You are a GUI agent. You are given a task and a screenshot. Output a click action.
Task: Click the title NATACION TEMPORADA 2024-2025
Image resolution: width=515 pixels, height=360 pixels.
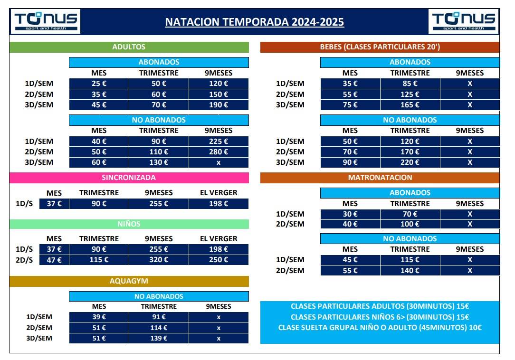[254, 22]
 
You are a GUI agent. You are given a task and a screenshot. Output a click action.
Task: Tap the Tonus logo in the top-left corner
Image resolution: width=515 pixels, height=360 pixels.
[46, 21]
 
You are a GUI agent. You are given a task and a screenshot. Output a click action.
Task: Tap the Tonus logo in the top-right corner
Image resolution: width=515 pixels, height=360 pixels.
[463, 21]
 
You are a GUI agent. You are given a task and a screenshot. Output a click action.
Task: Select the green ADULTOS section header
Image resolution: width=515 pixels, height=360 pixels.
[129, 47]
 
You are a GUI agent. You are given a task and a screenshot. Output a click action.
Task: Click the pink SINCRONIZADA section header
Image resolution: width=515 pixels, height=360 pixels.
[129, 178]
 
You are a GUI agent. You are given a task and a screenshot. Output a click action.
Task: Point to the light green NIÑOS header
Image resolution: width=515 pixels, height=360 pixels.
[129, 224]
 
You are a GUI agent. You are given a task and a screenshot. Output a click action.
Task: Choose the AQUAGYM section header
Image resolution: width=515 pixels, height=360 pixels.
[129, 281]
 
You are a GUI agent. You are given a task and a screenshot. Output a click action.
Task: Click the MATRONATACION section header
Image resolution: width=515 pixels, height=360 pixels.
[380, 178]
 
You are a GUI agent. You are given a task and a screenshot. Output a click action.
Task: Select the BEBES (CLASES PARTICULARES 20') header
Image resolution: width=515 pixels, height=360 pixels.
[380, 47]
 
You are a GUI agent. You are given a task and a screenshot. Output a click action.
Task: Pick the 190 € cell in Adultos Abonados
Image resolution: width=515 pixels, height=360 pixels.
[219, 105]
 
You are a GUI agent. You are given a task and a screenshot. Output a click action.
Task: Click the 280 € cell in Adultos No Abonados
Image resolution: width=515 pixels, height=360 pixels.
[219, 152]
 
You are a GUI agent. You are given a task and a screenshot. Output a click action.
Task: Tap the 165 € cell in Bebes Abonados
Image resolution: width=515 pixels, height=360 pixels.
[410, 105]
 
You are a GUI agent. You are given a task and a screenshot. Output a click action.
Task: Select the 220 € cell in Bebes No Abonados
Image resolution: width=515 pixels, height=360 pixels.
[410, 162]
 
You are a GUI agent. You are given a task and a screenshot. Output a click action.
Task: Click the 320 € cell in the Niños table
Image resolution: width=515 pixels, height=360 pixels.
[159, 260]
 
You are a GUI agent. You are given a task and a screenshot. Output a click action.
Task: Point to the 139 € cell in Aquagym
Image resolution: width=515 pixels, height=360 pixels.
[159, 339]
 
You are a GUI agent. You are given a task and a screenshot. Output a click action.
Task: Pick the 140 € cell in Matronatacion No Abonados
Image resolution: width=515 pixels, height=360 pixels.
[410, 271]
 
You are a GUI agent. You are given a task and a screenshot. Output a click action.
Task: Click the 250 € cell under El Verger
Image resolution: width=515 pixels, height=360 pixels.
[219, 260]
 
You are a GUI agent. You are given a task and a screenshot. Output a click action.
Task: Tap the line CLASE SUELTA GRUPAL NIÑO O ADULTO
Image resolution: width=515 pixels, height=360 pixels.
[380, 327]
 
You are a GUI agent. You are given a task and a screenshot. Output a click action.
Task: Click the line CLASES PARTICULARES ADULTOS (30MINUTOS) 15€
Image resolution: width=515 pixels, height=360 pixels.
[380, 306]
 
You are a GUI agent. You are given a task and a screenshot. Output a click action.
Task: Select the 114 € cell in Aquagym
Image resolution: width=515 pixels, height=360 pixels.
[159, 328]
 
